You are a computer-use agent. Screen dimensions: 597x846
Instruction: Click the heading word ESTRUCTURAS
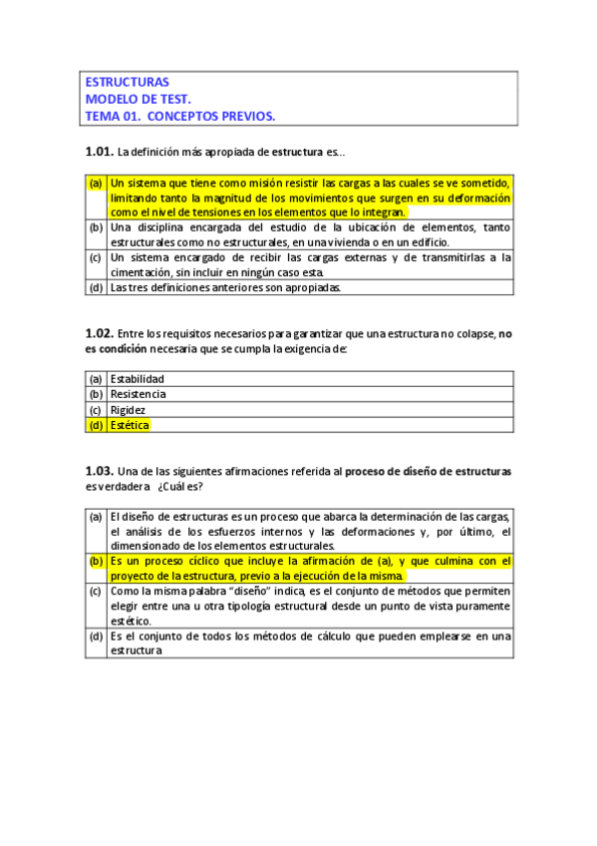coord(128,82)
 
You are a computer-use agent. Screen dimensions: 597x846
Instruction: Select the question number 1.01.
coord(99,153)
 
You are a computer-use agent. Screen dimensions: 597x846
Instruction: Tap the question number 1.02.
coord(99,334)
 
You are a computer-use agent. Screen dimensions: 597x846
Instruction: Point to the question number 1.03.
coord(99,470)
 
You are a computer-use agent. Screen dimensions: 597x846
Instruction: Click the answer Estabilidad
coord(138,379)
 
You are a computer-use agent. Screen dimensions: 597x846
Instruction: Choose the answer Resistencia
coord(139,394)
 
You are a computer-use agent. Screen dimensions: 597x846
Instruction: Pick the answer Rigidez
coord(129,409)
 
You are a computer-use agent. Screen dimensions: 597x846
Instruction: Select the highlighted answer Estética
coord(130,425)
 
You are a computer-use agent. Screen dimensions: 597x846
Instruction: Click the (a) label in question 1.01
coord(96,184)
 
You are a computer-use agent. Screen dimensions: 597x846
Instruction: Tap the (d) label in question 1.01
coord(96,288)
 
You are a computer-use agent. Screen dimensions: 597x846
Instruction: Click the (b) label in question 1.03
coord(96,562)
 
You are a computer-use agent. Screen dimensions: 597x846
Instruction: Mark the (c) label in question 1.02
coord(96,409)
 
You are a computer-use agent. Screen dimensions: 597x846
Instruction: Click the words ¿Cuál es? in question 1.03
coord(178,486)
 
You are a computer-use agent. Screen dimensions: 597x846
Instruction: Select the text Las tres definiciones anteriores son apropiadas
coord(226,288)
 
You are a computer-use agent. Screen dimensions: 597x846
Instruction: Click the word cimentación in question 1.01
coord(146,272)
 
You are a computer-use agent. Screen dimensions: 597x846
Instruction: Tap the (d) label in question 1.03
coord(96,635)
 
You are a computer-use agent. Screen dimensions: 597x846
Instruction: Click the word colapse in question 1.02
coord(471,334)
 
